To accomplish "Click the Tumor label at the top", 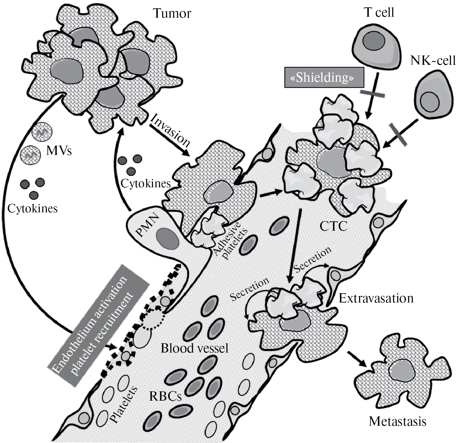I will pyautogui.click(x=172, y=13).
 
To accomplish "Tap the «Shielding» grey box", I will pyautogui.click(x=324, y=78).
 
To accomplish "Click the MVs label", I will pyautogui.click(x=59, y=151).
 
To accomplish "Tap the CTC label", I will pyautogui.click(x=334, y=226).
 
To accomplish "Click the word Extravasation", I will pyautogui.click(x=376, y=299).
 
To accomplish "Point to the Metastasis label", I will pyautogui.click(x=398, y=421).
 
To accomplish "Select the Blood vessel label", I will pyautogui.click(x=194, y=348).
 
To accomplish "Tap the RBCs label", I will pyautogui.click(x=165, y=396).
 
